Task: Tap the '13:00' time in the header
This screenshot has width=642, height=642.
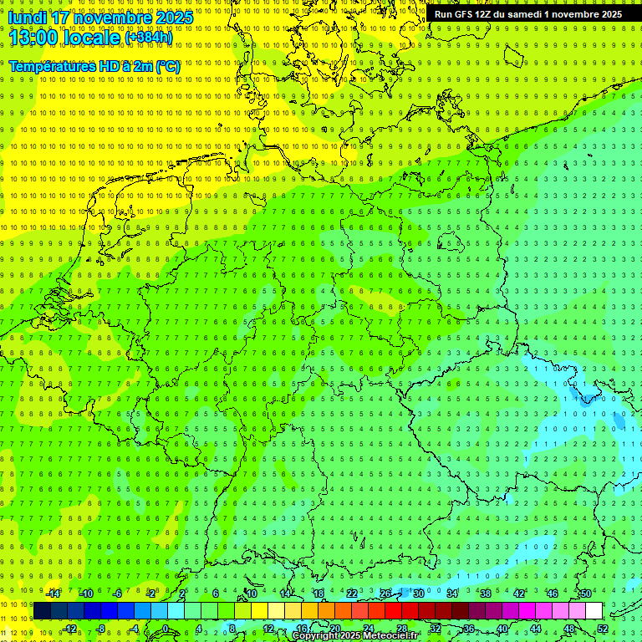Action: [x=33, y=38]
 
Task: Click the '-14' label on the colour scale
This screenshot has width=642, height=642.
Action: [x=53, y=594]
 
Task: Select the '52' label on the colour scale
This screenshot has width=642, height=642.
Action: [x=603, y=629]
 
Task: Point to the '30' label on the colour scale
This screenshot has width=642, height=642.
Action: [x=418, y=594]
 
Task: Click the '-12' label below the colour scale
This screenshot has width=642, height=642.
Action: [x=70, y=629]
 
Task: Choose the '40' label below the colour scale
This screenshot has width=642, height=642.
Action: [x=502, y=629]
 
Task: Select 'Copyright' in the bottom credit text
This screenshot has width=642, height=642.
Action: [x=316, y=636]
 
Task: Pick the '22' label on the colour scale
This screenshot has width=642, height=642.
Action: [x=352, y=594]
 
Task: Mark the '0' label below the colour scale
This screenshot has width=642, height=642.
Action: [x=165, y=629]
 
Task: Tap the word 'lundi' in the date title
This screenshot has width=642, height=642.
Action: [x=26, y=18]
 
